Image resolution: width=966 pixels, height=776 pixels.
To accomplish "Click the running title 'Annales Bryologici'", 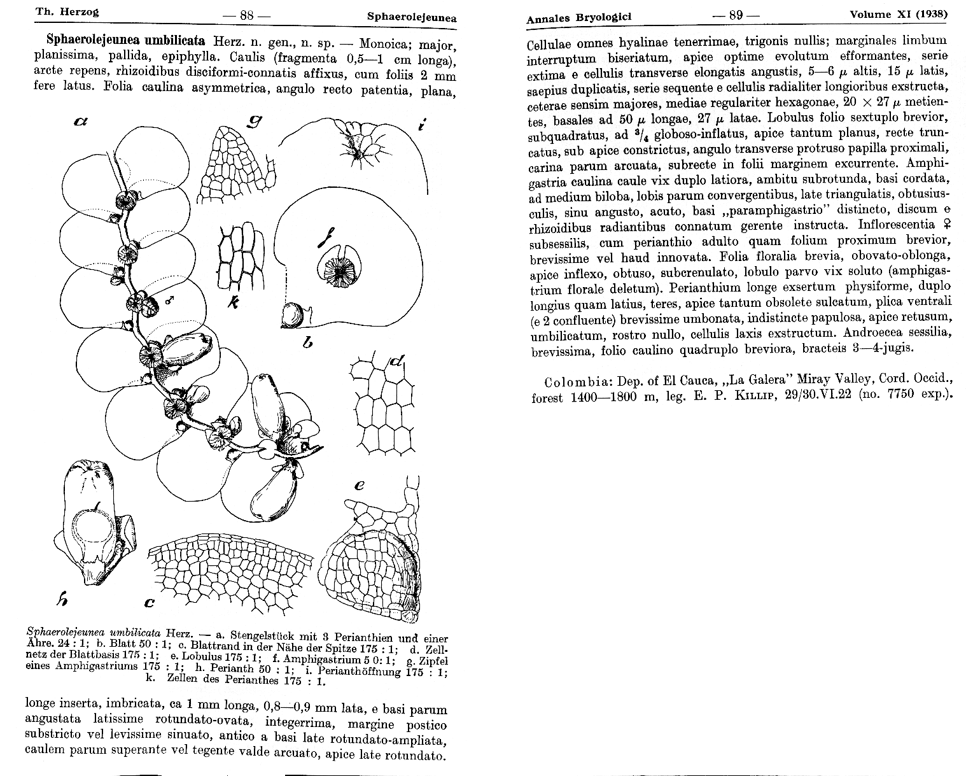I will (x=578, y=18).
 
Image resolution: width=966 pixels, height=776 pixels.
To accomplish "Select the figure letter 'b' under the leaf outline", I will (x=308, y=343).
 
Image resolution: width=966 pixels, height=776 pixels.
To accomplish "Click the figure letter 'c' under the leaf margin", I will (x=150, y=602).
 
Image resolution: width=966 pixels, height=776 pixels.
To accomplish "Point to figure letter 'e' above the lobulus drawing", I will (x=360, y=485).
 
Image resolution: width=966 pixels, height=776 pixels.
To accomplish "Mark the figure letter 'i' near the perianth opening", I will (x=421, y=125).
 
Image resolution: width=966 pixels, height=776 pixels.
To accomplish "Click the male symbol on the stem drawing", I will (x=169, y=299).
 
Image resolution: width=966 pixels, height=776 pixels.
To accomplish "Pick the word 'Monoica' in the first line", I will (x=382, y=45).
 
